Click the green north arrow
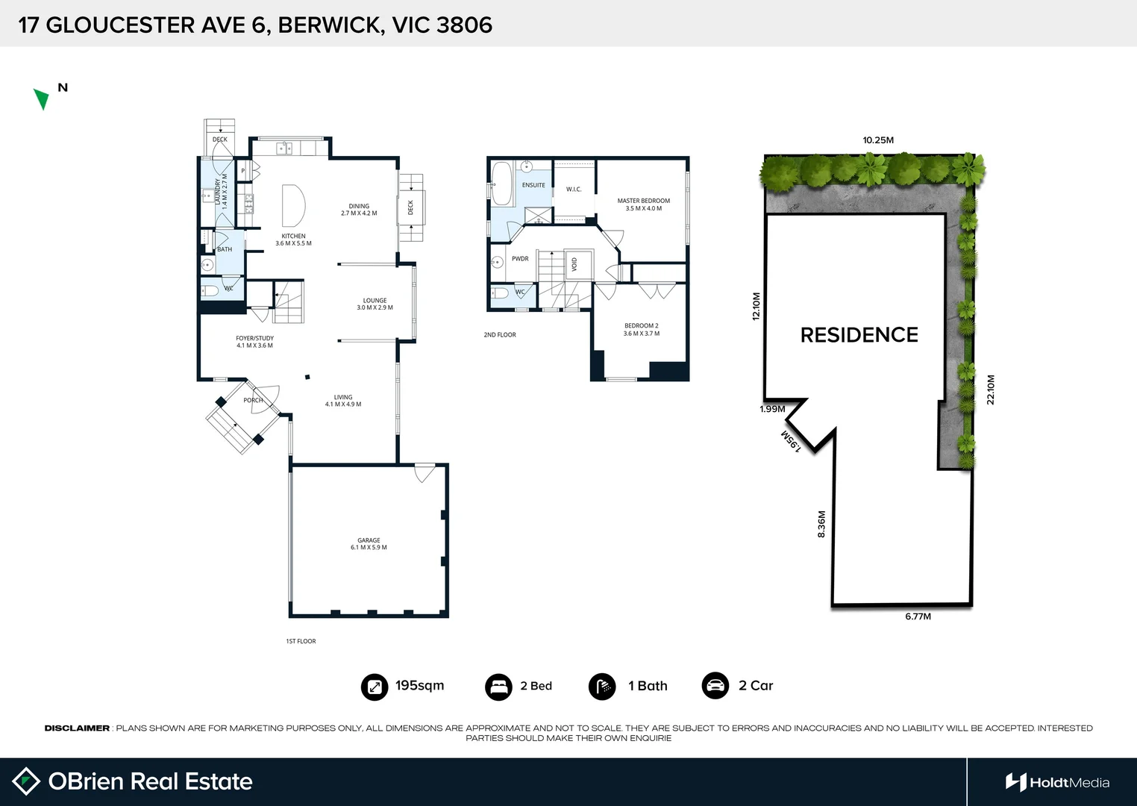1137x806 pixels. [x=42, y=99]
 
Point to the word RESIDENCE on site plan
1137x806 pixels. [x=859, y=335]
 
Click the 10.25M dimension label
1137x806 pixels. [x=877, y=140]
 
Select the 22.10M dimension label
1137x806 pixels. [x=991, y=390]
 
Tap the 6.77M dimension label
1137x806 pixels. [x=918, y=616]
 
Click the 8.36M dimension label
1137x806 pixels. [x=821, y=524]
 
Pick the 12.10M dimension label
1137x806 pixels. [x=756, y=306]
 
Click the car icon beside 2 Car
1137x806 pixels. [x=715, y=686]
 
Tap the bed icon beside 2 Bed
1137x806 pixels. [x=498, y=687]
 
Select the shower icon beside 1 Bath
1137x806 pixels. [x=602, y=687]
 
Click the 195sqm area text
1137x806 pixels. [x=419, y=685]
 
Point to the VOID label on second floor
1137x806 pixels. [x=574, y=264]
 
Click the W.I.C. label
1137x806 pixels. [x=573, y=190]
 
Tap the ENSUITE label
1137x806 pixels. [x=533, y=185]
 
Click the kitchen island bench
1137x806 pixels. [x=293, y=205]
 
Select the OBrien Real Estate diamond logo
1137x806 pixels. [x=27, y=781]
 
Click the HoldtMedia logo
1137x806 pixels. [x=1057, y=782]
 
